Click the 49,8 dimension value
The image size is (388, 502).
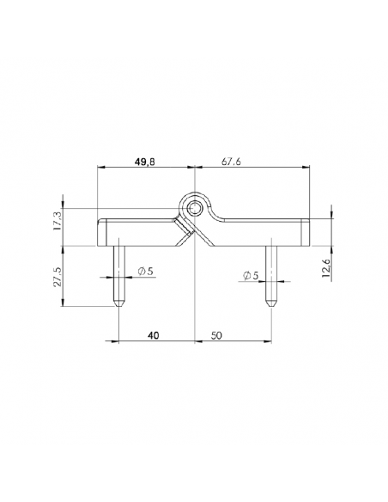tap(144, 162)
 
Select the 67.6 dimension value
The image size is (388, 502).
tap(231, 162)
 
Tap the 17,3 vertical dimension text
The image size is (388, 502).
tap(58, 221)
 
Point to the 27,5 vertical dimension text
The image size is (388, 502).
tap(58, 277)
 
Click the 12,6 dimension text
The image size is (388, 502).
tap(327, 267)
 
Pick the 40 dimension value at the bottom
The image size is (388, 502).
tap(153, 335)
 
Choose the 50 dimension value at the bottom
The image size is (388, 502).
tap(216, 335)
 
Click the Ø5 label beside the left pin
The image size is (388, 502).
tap(145, 272)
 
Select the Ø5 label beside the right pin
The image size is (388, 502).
tap(251, 276)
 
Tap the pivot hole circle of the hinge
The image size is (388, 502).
tap(194, 208)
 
